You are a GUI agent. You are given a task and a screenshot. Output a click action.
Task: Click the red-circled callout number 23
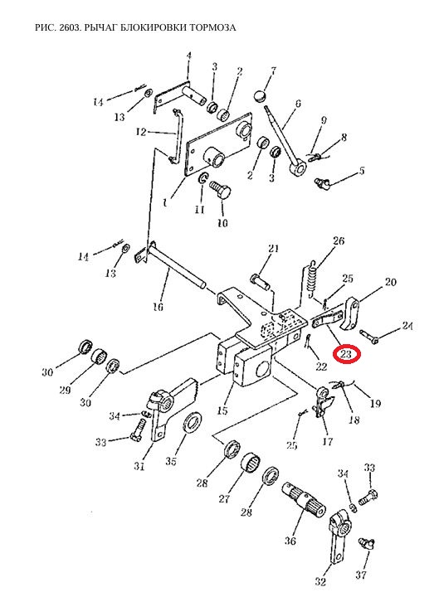pos(346,353)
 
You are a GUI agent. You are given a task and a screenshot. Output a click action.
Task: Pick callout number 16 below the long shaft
pos(158,307)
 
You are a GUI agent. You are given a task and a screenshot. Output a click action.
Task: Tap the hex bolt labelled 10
pos(219,190)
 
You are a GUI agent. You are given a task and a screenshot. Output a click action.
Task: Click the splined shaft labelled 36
pos(305,500)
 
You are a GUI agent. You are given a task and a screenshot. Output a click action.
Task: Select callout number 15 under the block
pos(222,410)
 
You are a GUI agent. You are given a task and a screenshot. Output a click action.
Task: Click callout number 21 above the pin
pos(273,249)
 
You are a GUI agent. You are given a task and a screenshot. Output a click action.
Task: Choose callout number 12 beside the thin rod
pos(141,132)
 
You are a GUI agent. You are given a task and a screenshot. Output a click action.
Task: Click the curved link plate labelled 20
pos(351,314)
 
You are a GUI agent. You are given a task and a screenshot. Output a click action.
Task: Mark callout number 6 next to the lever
pos(298,104)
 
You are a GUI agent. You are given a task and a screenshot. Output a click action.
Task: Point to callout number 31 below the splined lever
pos(139,467)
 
